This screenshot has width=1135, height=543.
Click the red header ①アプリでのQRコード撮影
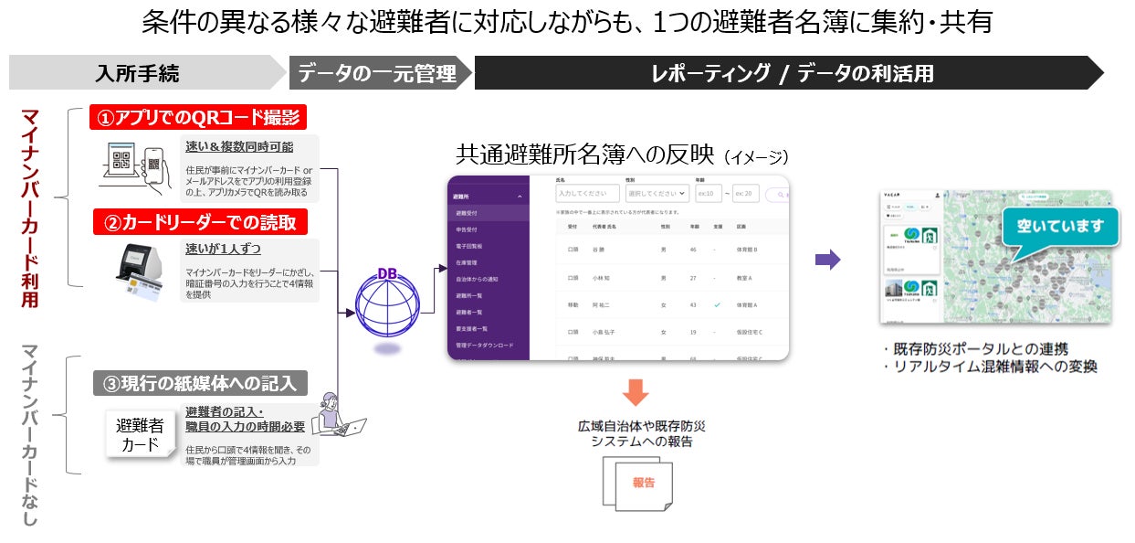click(x=198, y=118)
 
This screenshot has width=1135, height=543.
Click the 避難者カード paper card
click(x=140, y=434)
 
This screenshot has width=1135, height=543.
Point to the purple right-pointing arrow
click(x=827, y=260)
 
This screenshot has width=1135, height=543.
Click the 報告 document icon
click(x=640, y=482)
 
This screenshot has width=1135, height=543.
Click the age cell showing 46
click(x=693, y=249)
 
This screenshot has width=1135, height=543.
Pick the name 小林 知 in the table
click(x=604, y=277)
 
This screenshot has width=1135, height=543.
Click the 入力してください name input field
click(x=586, y=194)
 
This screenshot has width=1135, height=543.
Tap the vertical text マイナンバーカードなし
click(x=30, y=434)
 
